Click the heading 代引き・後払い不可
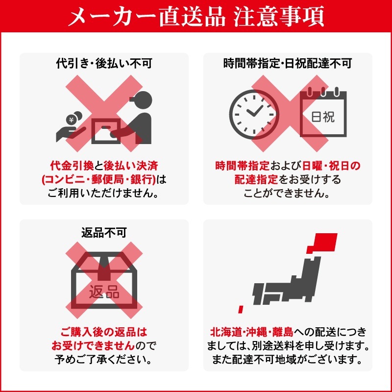point(104,64)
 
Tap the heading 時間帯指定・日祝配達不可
point(288,64)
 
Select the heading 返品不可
point(104,232)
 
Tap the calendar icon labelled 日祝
point(323,113)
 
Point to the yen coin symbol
point(71,119)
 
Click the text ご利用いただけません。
point(104,193)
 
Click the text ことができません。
point(288,193)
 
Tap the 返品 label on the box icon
point(104,293)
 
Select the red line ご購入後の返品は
point(104,333)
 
